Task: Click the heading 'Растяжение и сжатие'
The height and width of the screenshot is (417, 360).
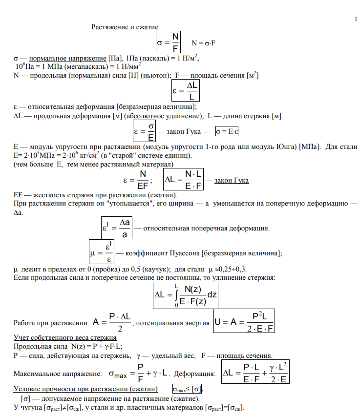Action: pyautogui.click(x=125, y=27)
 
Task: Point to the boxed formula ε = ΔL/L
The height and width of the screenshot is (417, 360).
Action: pyautogui.click(x=186, y=91)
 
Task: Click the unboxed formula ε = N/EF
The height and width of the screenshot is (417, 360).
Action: pyautogui.click(x=137, y=181)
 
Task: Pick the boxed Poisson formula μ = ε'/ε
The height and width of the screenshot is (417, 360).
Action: pyautogui.click(x=101, y=253)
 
